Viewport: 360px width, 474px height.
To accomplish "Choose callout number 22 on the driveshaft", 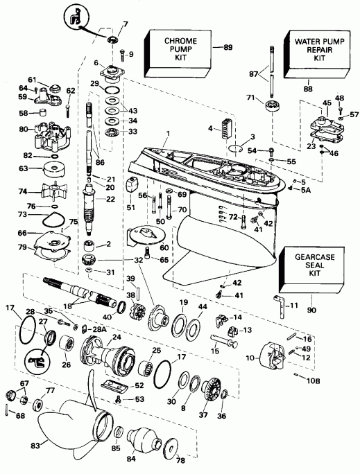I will point(111,200).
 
